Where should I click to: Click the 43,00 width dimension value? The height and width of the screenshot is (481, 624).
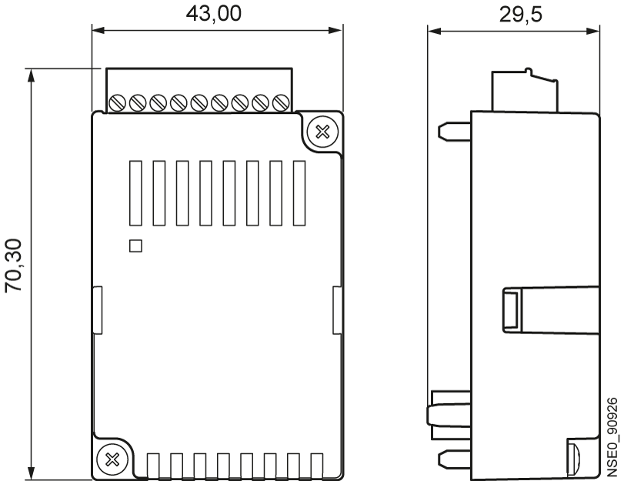(x=214, y=13)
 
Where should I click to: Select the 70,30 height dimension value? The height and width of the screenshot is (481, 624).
(x=14, y=266)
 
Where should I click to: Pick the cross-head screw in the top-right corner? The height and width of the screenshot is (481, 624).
(x=322, y=132)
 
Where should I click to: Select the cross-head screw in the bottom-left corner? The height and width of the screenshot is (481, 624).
(x=112, y=460)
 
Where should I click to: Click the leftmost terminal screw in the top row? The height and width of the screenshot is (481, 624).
(x=117, y=102)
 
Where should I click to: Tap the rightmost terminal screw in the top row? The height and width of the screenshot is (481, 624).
(x=281, y=102)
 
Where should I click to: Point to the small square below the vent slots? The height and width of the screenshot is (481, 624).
(x=135, y=246)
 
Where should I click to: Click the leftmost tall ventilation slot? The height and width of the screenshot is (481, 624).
(x=135, y=193)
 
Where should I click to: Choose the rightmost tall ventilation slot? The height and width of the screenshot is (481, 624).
(x=299, y=193)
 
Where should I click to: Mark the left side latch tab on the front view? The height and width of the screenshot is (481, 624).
(x=98, y=310)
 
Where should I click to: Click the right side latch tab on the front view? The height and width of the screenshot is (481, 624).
(x=337, y=310)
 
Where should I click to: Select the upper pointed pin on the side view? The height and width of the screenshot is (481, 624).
(x=455, y=132)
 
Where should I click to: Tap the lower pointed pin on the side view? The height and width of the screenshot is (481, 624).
(x=455, y=459)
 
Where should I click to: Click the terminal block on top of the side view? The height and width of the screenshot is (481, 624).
(x=525, y=90)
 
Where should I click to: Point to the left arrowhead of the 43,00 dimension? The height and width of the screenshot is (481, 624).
(x=98, y=30)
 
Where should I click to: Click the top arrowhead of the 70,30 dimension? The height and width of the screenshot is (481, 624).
(x=31, y=75)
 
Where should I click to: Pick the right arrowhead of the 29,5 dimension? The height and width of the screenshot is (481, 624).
(x=593, y=31)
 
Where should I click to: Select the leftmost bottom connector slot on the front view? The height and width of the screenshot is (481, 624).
(x=153, y=465)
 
